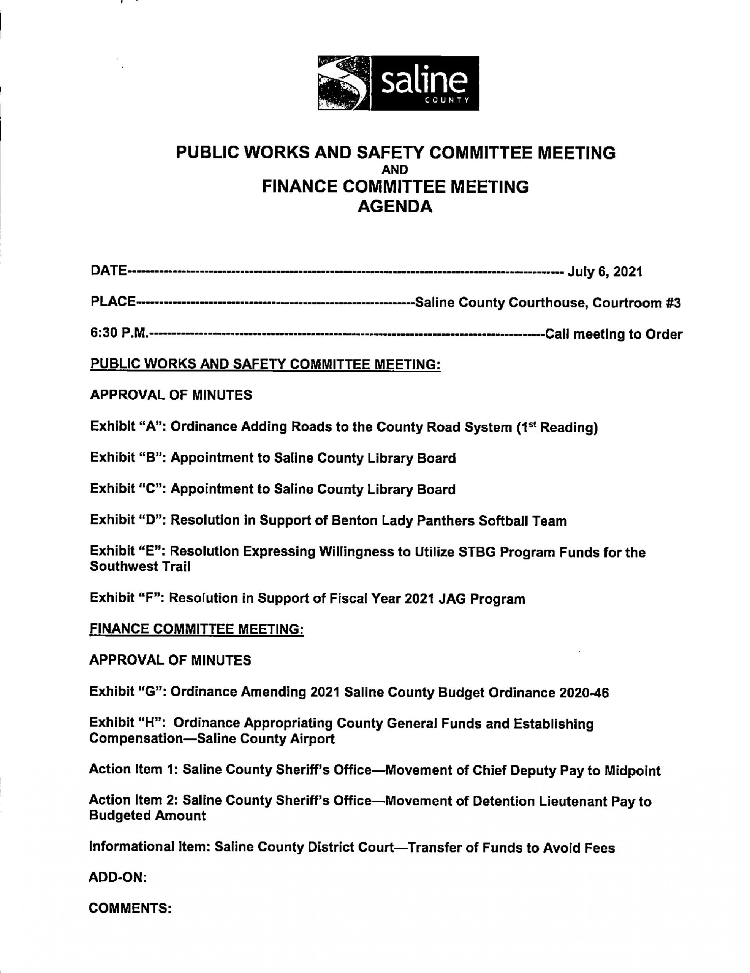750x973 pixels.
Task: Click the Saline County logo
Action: (398, 83)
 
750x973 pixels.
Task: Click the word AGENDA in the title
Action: (395, 207)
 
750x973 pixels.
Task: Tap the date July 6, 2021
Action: (605, 271)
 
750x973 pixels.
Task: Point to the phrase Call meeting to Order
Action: (613, 334)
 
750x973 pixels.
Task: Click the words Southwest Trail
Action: (140, 567)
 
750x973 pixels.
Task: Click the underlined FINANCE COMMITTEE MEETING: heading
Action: (196, 629)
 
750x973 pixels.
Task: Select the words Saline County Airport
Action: (266, 739)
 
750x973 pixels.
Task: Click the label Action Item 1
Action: (134, 770)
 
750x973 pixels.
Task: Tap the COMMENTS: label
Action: (130, 908)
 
